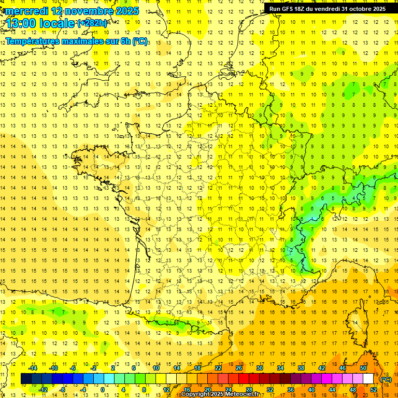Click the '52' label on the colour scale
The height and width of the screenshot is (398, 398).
pyautogui.click(x=373, y=389)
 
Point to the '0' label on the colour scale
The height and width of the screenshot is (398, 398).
pyautogui.click(x=103, y=389)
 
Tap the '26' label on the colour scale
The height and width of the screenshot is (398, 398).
pyautogui.click(x=239, y=368)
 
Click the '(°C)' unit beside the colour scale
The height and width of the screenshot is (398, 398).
pyautogui.click(x=386, y=379)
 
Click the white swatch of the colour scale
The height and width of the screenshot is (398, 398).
pyautogui.click(x=368, y=379)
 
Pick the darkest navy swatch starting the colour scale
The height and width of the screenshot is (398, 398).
pyautogui.click(x=26, y=379)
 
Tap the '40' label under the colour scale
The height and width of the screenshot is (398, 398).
pyautogui.click(x=311, y=389)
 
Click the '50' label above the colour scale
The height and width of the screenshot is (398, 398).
pyautogui.click(x=363, y=368)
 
